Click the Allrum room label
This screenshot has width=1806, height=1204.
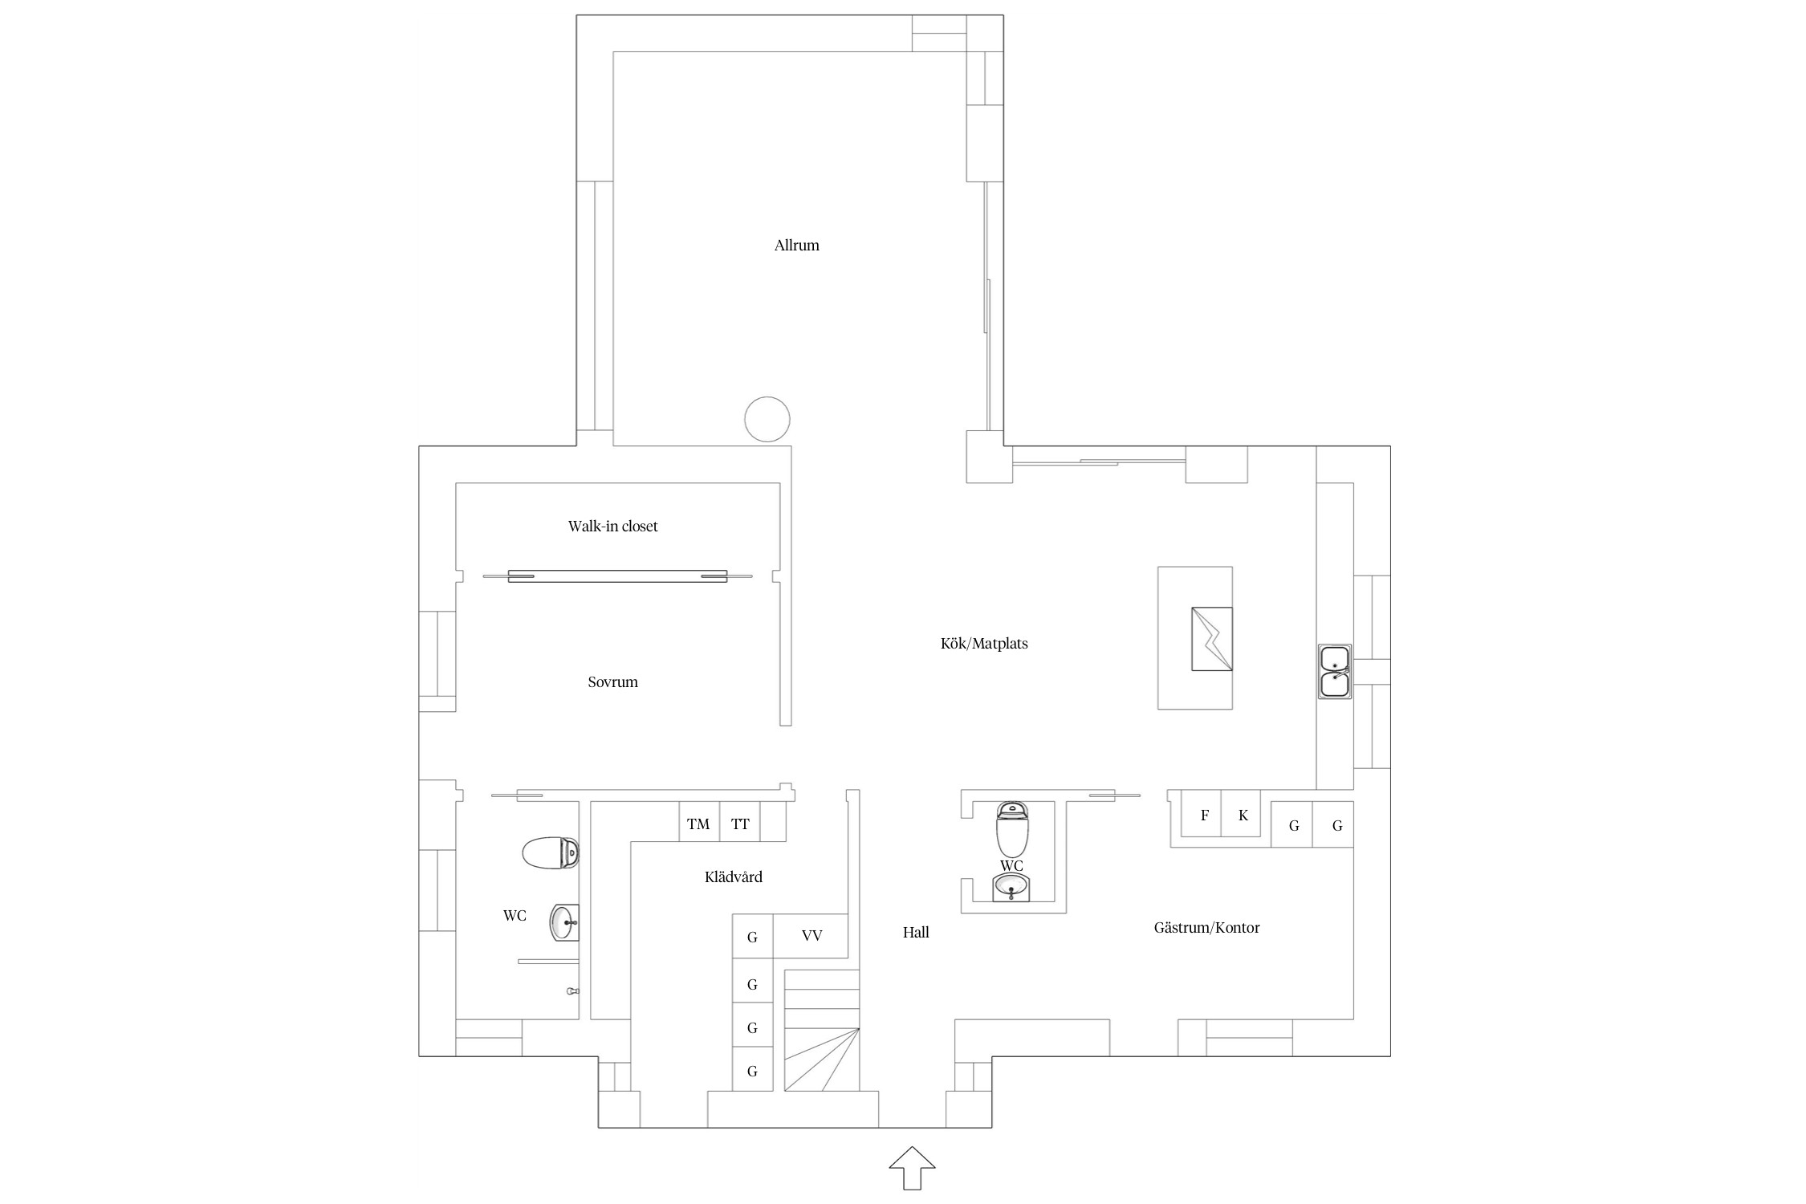[x=796, y=246]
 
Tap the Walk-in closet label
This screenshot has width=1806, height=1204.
[x=612, y=527]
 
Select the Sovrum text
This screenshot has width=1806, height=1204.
[x=612, y=682]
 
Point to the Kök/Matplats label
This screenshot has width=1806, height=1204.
[x=984, y=644]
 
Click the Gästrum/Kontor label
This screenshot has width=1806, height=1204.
[x=1206, y=928]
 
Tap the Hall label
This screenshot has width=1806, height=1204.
[x=916, y=933]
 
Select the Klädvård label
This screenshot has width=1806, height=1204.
[x=733, y=877]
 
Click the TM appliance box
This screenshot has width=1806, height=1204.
[x=698, y=821]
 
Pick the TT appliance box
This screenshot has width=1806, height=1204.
[x=739, y=821]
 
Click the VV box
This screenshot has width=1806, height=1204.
[x=811, y=936]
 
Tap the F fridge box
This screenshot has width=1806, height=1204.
[x=1202, y=814]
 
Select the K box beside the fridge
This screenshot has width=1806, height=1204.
[x=1241, y=814]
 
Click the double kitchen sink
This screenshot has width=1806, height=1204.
[x=1335, y=671]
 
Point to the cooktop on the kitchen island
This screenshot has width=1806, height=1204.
[x=1212, y=639]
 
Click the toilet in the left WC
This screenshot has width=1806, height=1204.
[x=551, y=853]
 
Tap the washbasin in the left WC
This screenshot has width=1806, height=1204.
[x=564, y=922]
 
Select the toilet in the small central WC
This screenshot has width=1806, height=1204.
[x=1012, y=829]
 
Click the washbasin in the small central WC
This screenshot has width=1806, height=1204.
[x=1011, y=887]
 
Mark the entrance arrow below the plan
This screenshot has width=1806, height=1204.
[x=913, y=1168]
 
